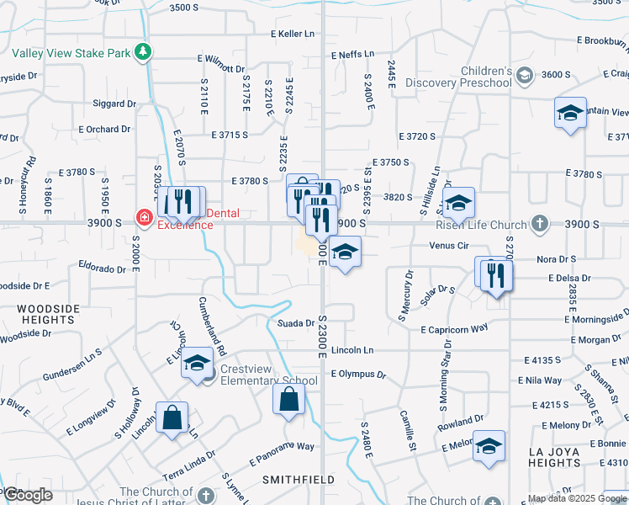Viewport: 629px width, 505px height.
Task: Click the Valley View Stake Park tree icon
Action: pos(144,52)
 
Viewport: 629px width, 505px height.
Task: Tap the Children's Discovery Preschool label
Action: pos(458,77)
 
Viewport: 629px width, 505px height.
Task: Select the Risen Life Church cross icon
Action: pos(540,224)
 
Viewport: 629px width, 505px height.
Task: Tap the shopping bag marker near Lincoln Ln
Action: pos(172,418)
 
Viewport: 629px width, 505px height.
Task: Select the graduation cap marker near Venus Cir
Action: pos(345,252)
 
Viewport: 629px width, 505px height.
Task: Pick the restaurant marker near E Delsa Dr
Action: pos(494,274)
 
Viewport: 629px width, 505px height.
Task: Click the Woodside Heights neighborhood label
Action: pos(47,314)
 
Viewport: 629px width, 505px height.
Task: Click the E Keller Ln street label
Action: pos(292,34)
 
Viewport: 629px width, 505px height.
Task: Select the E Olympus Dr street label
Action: pos(358,374)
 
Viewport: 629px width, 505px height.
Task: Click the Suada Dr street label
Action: pos(296,322)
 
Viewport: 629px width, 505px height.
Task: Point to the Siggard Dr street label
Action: pos(115,104)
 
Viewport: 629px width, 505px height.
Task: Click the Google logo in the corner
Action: pos(28,495)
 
